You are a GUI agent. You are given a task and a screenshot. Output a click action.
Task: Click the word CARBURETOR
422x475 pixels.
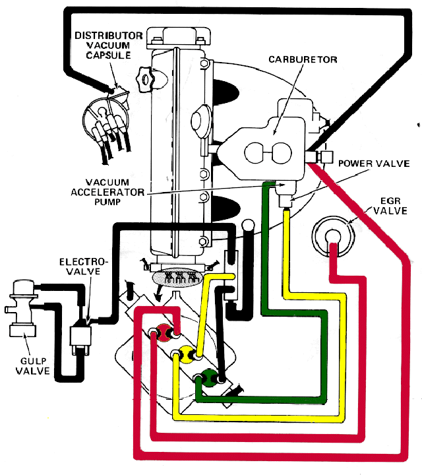[303, 59]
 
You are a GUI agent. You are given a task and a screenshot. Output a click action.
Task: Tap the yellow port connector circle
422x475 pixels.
[185, 355]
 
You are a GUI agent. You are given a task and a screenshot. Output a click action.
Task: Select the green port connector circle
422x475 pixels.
[209, 377]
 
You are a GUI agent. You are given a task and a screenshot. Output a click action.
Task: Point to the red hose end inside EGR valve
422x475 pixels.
[334, 247]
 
